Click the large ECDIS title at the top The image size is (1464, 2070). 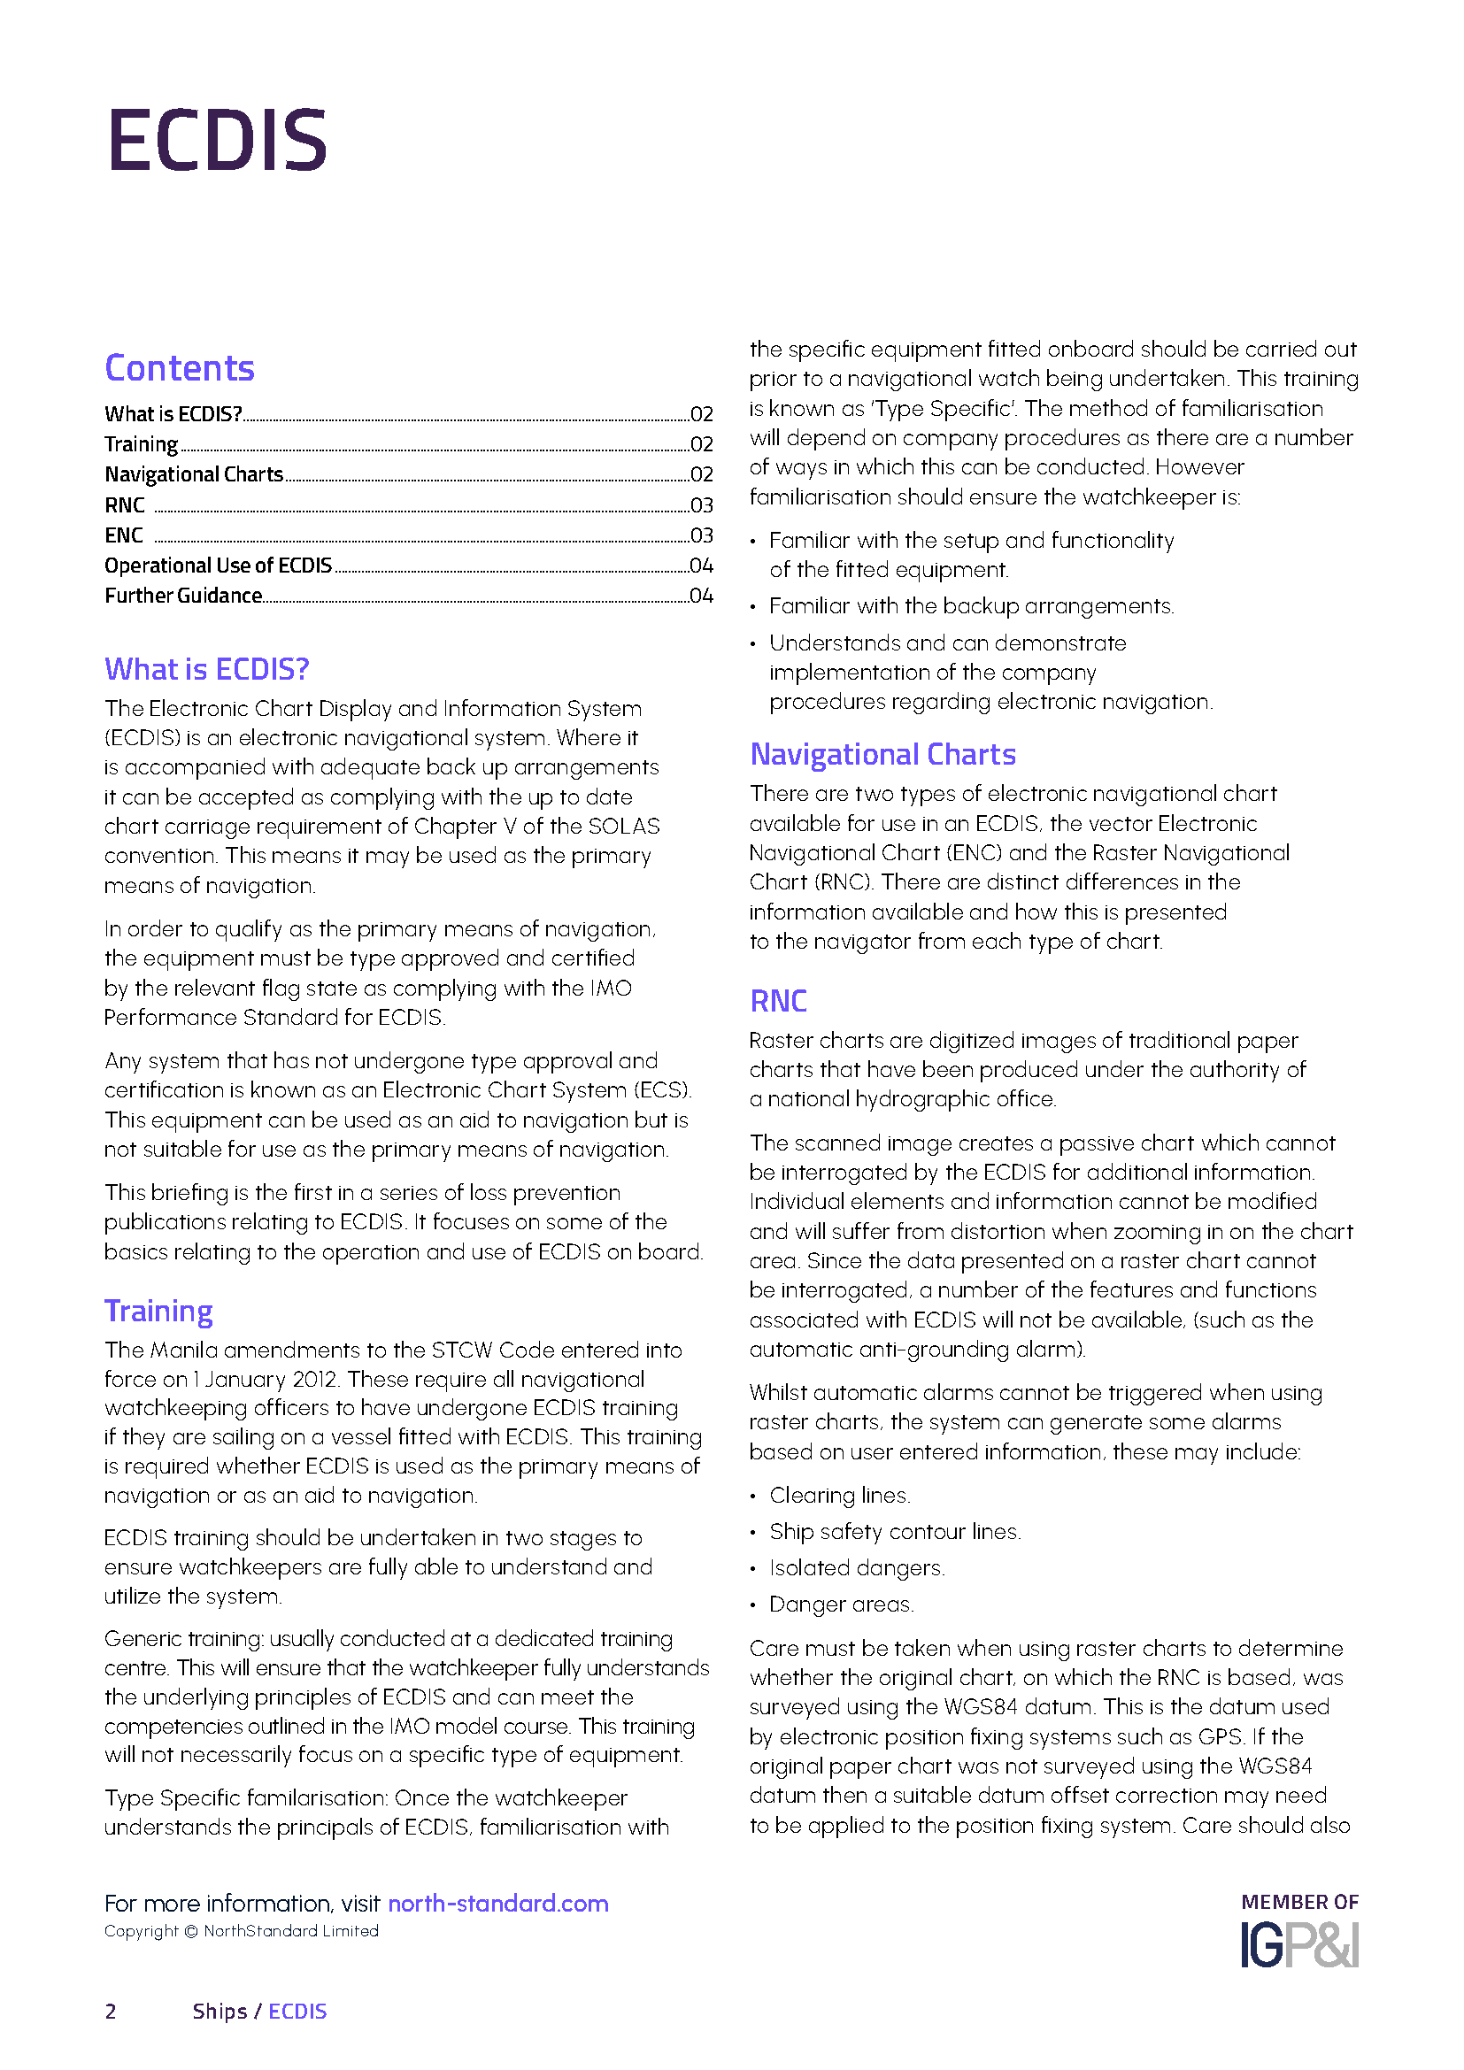(216, 140)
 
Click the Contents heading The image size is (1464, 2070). (180, 368)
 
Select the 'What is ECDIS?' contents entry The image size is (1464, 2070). (173, 414)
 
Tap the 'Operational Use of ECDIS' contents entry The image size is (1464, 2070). (218, 566)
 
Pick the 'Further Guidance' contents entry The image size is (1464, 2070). (183, 596)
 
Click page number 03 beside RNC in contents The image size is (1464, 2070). (701, 506)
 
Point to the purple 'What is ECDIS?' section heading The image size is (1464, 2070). (206, 669)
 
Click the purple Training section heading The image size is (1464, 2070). (158, 1311)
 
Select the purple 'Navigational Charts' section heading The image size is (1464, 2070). (882, 754)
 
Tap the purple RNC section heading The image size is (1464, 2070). (778, 1001)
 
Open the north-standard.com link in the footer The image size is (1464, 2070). (497, 1904)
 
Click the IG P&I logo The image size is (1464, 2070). (1299, 1944)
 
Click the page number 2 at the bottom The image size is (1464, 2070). (111, 2012)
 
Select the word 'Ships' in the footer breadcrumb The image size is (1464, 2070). (219, 2012)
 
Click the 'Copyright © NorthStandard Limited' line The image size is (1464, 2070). (241, 1931)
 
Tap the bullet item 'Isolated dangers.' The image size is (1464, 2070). (857, 1568)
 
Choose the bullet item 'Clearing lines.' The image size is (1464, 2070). (839, 1495)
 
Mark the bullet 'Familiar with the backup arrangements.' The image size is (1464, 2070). (971, 606)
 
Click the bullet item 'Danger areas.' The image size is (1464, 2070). (841, 1604)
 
